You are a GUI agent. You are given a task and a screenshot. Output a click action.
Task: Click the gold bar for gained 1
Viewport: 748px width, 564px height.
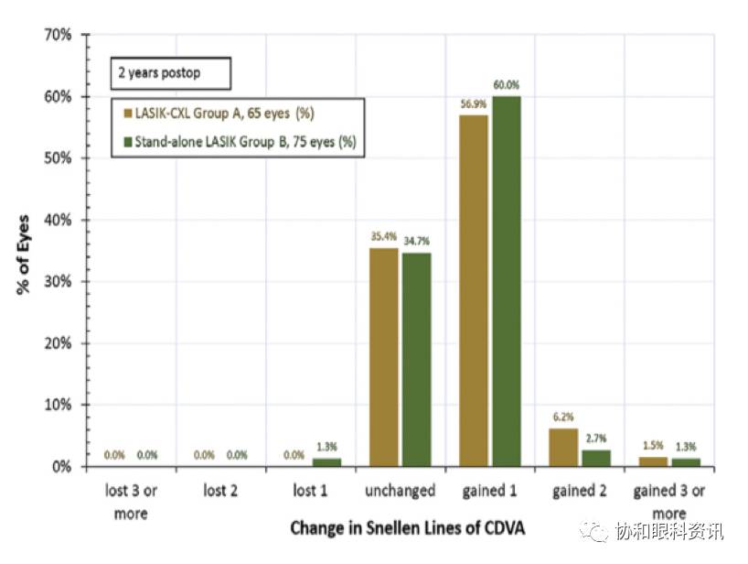tap(474, 291)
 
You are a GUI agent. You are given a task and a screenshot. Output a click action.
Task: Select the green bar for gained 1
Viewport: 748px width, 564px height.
tap(506, 281)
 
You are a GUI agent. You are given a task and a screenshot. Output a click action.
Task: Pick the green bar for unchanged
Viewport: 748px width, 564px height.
tap(416, 359)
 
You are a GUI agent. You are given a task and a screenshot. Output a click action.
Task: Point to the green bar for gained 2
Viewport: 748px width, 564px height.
tap(595, 458)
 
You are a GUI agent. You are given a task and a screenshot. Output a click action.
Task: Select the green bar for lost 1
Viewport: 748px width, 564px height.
tap(326, 462)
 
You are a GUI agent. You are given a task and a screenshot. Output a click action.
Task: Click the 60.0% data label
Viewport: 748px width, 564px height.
tap(506, 85)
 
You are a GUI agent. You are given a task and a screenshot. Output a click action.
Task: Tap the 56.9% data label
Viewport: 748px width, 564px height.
tap(473, 104)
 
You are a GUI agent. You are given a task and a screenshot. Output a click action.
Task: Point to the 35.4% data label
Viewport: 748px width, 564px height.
tap(384, 237)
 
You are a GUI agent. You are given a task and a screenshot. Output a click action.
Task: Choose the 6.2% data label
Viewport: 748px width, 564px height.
tap(563, 417)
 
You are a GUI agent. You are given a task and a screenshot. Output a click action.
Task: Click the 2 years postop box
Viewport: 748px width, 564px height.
tap(171, 71)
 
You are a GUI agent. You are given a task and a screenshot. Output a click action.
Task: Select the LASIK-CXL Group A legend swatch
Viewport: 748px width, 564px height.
tap(127, 114)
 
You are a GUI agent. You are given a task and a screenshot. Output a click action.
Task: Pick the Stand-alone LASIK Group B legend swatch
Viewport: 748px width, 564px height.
tap(127, 142)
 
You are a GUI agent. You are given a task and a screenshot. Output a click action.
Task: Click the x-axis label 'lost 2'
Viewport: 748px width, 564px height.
tap(220, 492)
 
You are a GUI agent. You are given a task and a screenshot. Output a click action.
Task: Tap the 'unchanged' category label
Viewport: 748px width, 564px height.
tap(400, 492)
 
